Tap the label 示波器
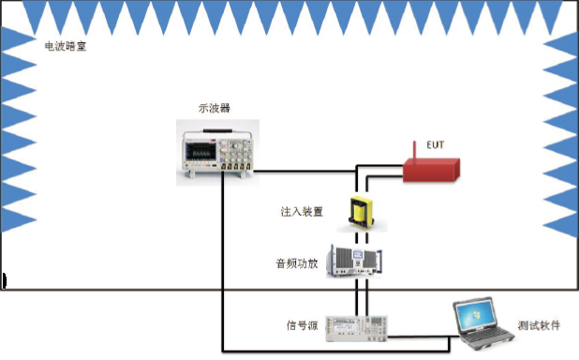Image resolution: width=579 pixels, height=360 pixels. [214, 109]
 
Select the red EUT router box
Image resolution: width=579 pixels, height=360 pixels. [430, 169]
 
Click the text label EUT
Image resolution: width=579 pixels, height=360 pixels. [435, 145]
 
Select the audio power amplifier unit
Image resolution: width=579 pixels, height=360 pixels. [359, 258]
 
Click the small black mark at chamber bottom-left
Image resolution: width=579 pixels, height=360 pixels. [5, 279]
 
